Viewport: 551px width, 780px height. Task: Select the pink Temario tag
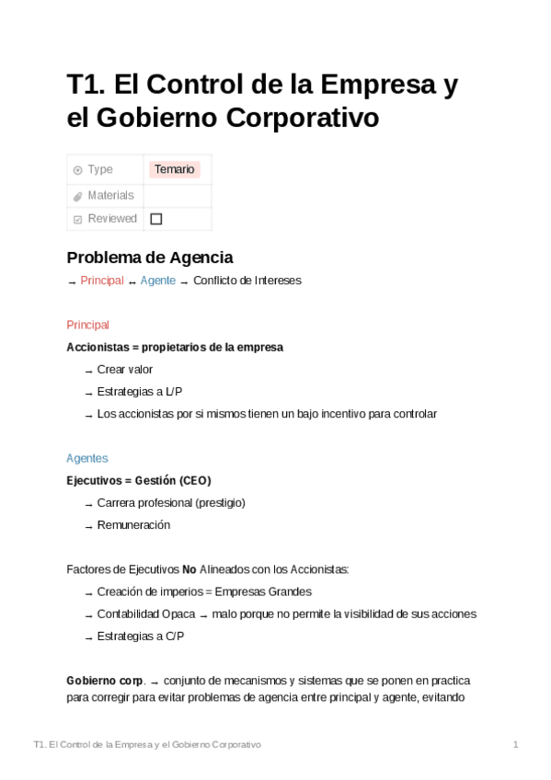[x=174, y=169]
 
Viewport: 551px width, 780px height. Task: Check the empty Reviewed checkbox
[x=155, y=219]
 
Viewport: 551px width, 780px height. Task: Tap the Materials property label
[x=110, y=195]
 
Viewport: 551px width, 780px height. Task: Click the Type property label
[x=100, y=169]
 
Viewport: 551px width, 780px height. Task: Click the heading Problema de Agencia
[x=150, y=257]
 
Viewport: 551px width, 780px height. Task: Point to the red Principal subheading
[x=88, y=325]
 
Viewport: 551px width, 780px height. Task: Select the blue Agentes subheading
[x=87, y=457]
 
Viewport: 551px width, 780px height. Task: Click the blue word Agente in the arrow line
[x=157, y=281]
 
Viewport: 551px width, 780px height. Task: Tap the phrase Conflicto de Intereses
[x=247, y=281]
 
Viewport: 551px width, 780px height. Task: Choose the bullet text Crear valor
[x=125, y=369]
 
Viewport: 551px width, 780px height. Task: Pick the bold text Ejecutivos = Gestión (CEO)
[x=139, y=480]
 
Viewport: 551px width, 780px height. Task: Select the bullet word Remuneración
[x=133, y=524]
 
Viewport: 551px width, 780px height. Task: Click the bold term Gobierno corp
[x=105, y=681]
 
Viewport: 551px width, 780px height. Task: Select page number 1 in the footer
[x=516, y=743]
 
